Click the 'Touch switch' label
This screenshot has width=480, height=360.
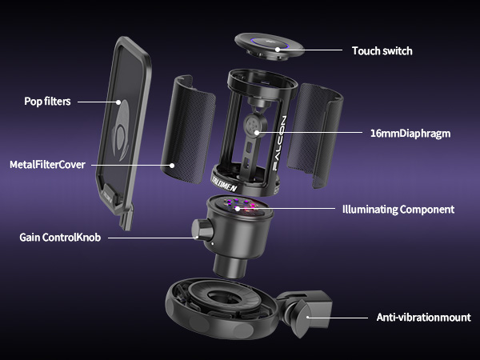[382, 50]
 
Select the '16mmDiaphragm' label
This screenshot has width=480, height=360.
[410, 133]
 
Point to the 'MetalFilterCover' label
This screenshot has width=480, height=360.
[47, 165]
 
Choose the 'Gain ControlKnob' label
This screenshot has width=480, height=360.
[58, 238]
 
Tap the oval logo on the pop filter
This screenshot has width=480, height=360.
[120, 145]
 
